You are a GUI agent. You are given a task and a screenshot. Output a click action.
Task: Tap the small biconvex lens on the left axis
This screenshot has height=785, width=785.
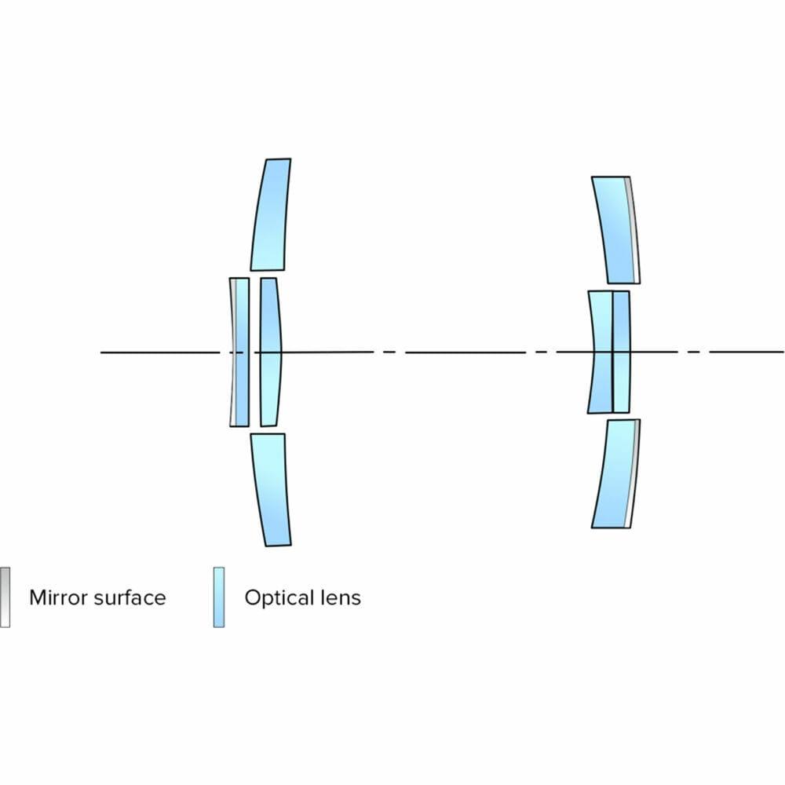(x=270, y=352)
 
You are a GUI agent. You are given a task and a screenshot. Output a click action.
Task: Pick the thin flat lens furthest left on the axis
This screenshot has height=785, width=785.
(x=241, y=352)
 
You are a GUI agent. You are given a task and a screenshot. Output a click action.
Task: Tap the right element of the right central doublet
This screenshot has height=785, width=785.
(x=621, y=352)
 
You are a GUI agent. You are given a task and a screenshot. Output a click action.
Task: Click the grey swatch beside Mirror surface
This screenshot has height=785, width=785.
(x=5, y=597)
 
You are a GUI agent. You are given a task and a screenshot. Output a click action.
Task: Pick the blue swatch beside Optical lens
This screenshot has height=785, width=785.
(x=218, y=597)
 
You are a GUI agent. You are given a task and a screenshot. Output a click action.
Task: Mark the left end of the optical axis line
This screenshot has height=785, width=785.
(x=103, y=352)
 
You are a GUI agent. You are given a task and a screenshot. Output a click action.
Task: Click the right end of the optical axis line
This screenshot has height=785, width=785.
(x=781, y=352)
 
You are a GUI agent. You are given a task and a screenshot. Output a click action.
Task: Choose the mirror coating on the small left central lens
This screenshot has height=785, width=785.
(x=232, y=352)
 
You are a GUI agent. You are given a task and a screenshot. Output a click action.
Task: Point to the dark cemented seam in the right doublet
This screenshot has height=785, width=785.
(x=612, y=352)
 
